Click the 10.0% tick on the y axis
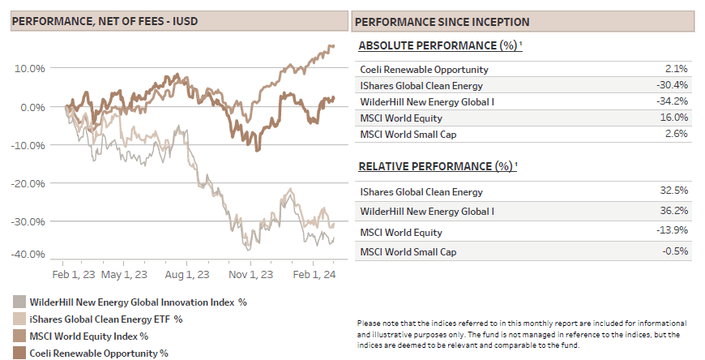29,68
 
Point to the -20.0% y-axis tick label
28,183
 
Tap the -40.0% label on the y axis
28,254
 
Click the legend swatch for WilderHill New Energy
19,302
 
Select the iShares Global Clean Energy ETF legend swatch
19,319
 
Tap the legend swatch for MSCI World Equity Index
19,336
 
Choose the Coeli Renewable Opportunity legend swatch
19,353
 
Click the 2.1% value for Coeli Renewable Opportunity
675,69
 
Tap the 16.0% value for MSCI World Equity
673,118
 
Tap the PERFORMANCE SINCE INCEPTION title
442,22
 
